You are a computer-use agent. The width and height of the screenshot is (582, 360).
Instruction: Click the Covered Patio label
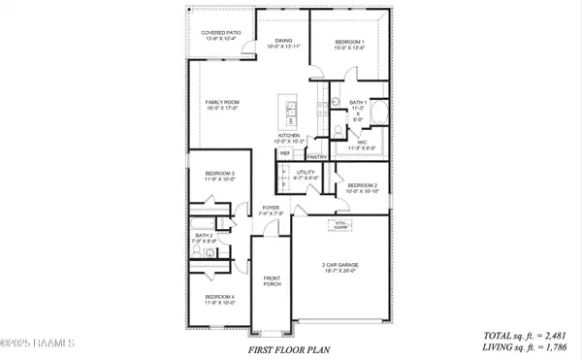(x=220, y=36)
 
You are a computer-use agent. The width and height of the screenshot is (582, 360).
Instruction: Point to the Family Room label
(x=220, y=105)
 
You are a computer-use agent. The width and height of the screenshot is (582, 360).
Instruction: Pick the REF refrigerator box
(x=286, y=152)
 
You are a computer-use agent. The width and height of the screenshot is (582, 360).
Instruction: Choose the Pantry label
(x=316, y=155)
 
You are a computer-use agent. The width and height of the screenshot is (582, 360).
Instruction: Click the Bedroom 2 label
(x=362, y=188)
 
